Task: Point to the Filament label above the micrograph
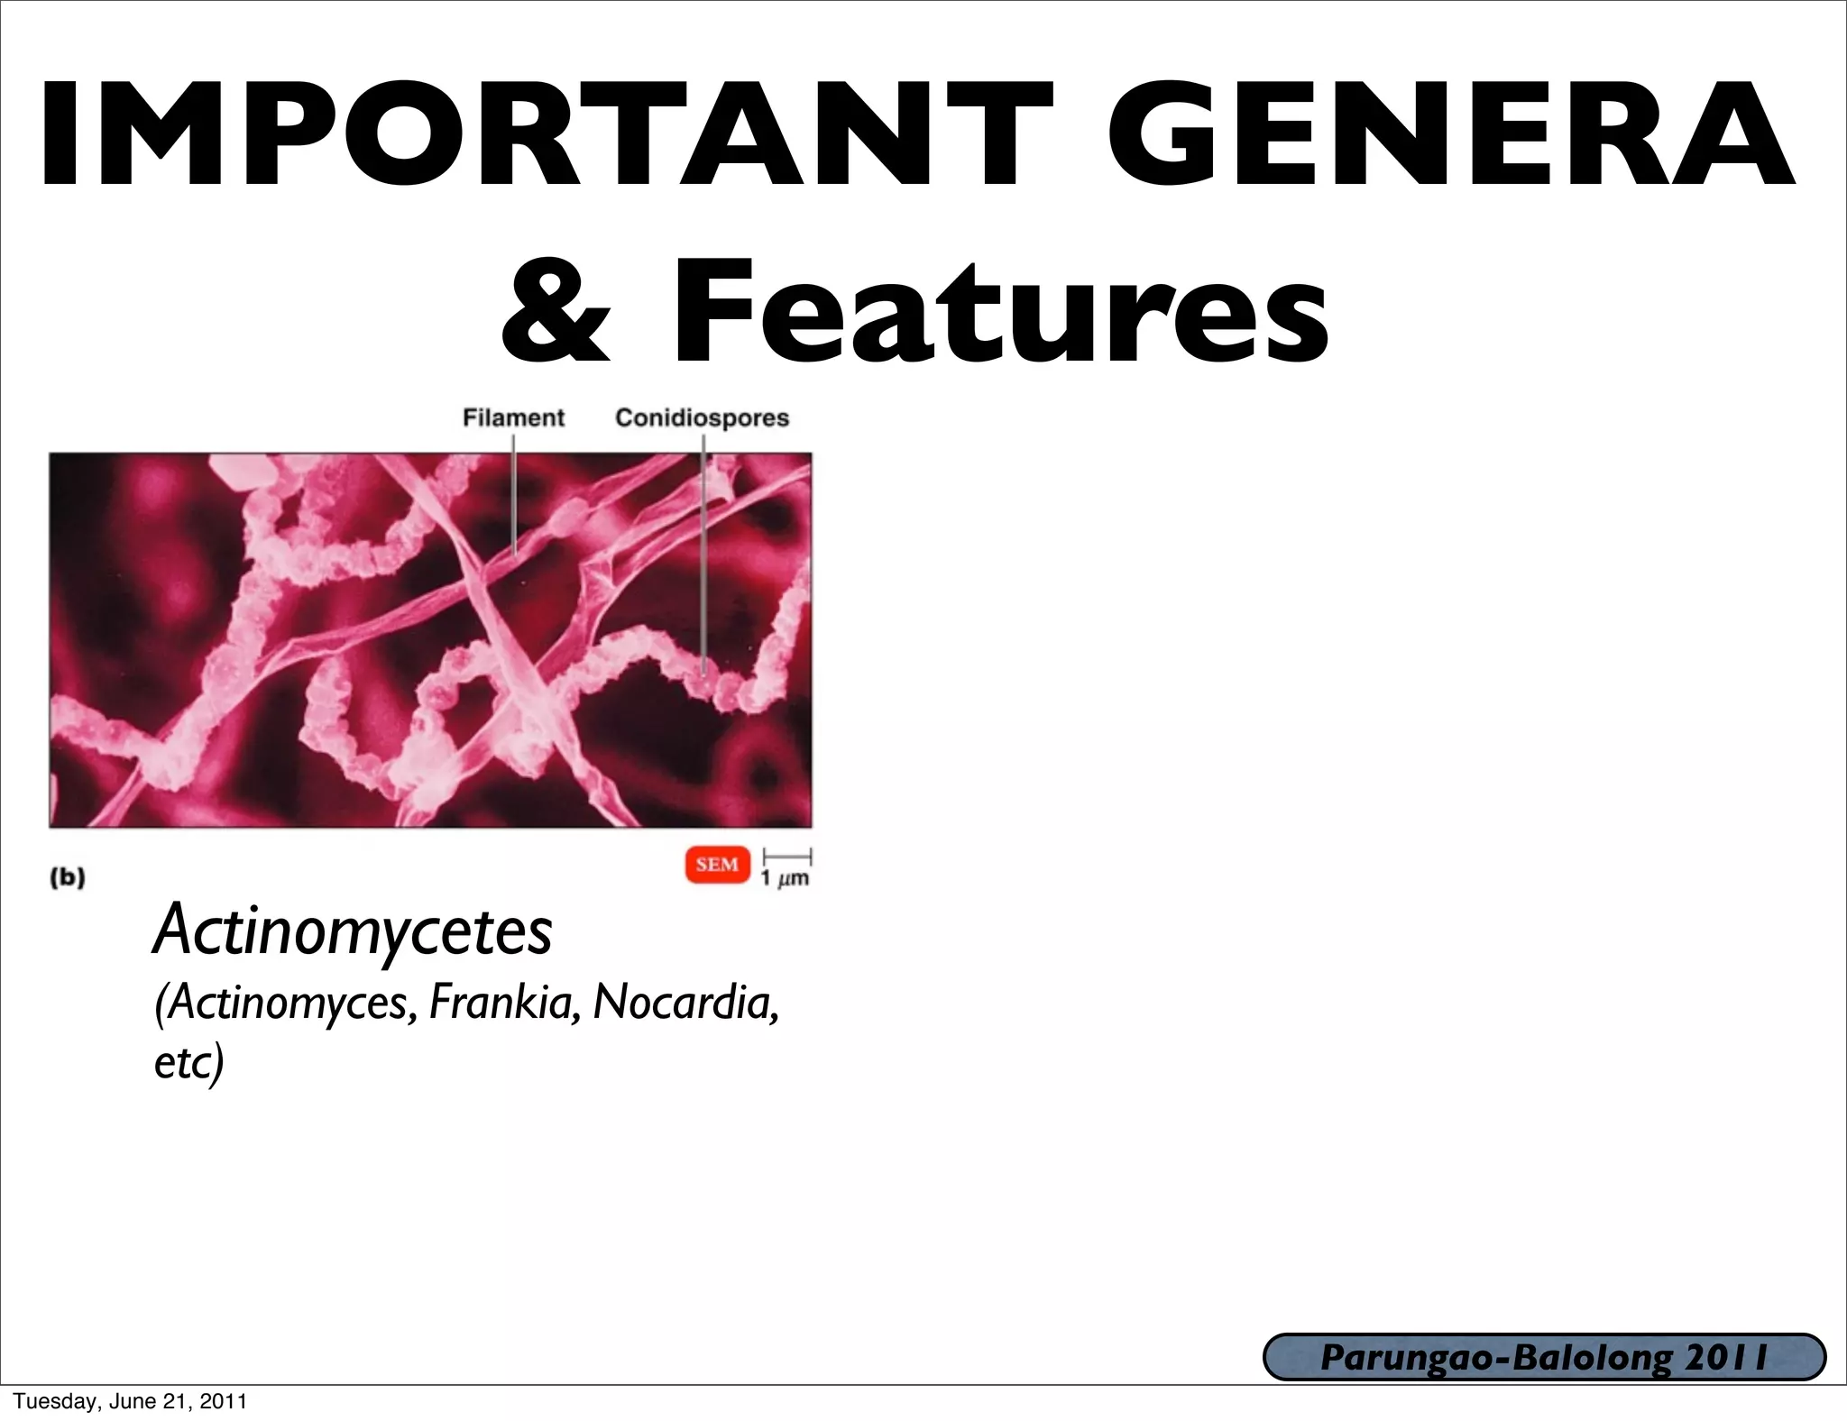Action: point(513,417)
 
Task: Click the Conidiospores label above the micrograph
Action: point(702,417)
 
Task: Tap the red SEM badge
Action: point(717,865)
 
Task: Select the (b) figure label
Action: point(68,877)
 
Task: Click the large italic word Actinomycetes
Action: point(353,931)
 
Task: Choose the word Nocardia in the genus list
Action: point(685,1002)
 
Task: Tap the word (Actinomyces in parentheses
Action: point(285,1004)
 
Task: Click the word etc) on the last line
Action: point(188,1062)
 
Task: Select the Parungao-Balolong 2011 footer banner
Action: point(1544,1358)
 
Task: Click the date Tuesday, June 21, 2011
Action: point(130,1401)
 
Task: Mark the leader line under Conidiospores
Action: point(703,559)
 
